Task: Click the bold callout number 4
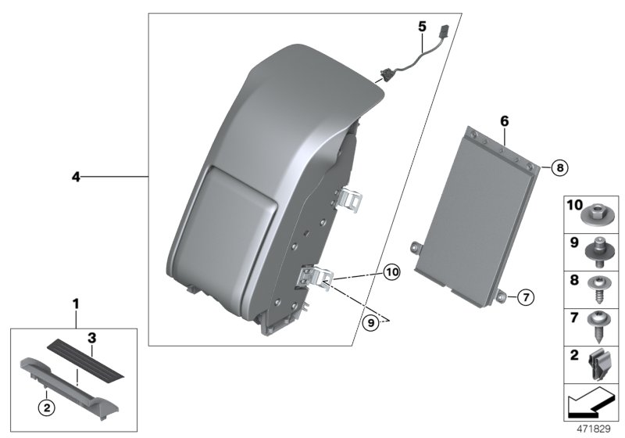click(x=76, y=178)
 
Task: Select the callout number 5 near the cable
click(x=421, y=26)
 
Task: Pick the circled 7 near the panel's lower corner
click(x=526, y=297)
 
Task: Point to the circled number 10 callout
click(x=391, y=272)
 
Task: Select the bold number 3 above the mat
click(x=91, y=338)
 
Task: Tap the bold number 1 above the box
click(x=76, y=302)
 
